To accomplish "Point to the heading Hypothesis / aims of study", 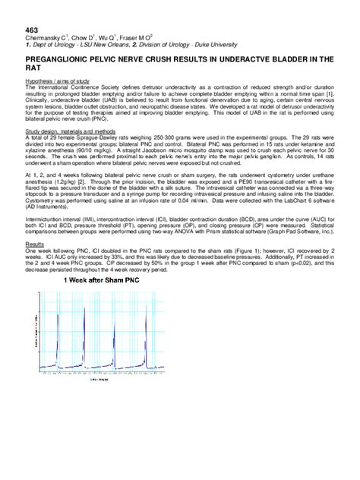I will [x=58, y=81].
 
